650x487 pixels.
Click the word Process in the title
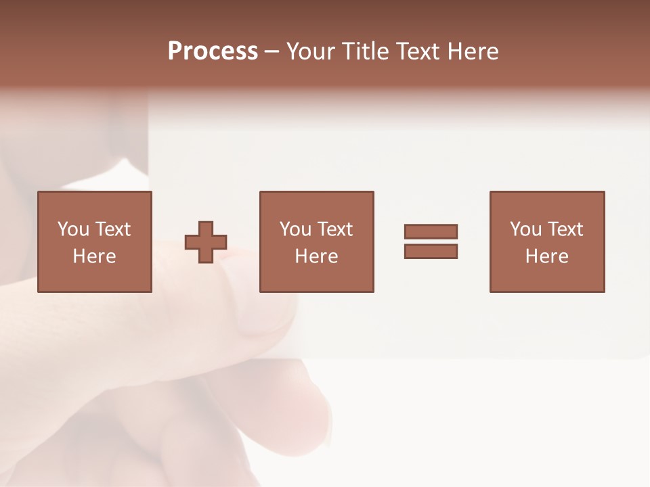(x=213, y=51)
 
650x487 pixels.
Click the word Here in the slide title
(x=474, y=51)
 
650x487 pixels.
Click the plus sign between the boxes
(x=206, y=241)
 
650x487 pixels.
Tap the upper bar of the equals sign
(x=431, y=231)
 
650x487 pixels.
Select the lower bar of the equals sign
(x=431, y=251)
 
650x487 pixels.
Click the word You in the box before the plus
(x=73, y=229)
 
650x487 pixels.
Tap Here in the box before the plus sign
(x=94, y=256)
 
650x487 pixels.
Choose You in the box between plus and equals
(x=295, y=229)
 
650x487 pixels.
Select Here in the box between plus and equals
(x=316, y=256)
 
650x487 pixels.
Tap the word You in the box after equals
(x=525, y=229)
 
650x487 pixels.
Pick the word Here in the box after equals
(x=546, y=256)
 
